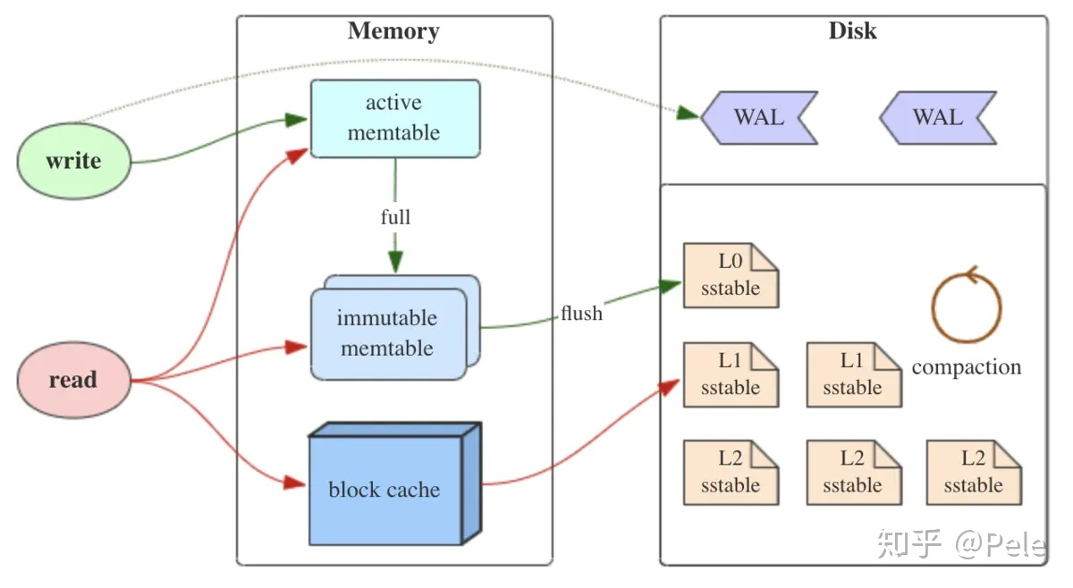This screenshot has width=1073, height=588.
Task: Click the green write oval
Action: click(74, 161)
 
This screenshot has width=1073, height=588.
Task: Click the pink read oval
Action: click(74, 380)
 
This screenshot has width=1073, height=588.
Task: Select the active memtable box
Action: click(395, 118)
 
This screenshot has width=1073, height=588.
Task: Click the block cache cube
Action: click(394, 483)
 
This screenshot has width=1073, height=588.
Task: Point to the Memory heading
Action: click(393, 31)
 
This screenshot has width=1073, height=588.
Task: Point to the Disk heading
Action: click(853, 30)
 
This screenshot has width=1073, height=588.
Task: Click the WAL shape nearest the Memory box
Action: click(759, 118)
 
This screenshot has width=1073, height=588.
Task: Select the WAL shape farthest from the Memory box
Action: click(938, 118)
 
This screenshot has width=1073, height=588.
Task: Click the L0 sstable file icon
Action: click(731, 275)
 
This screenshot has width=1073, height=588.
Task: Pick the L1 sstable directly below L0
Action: click(731, 374)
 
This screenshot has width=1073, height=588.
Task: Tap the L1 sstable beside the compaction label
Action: click(854, 374)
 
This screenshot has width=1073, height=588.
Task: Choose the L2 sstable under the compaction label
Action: click(974, 473)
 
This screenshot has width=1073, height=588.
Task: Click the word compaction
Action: click(967, 368)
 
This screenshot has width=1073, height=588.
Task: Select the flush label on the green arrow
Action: click(581, 313)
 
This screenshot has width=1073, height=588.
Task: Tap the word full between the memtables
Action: click(395, 217)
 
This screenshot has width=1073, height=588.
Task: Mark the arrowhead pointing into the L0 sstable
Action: click(670, 285)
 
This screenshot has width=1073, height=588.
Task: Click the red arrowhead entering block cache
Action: click(294, 483)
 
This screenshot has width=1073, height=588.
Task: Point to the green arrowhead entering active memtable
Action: click(296, 120)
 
